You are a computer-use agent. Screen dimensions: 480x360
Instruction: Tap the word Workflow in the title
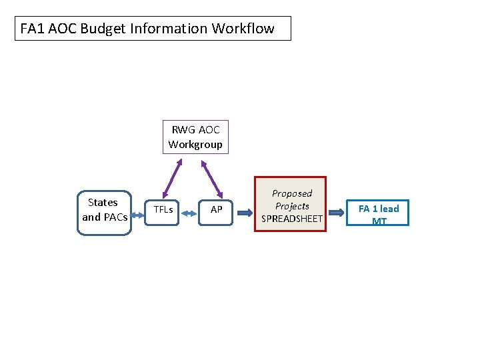(x=243, y=29)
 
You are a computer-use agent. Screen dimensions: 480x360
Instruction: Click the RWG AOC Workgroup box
(x=195, y=137)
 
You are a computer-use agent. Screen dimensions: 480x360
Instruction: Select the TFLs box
(x=163, y=210)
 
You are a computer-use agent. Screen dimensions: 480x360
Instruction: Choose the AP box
(x=216, y=210)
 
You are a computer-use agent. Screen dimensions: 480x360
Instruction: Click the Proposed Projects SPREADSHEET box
(x=291, y=205)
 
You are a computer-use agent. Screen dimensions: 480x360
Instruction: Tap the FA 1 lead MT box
(x=378, y=213)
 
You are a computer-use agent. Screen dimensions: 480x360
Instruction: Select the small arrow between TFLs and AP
(x=189, y=214)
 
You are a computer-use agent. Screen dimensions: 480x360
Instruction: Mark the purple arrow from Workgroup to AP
(x=213, y=178)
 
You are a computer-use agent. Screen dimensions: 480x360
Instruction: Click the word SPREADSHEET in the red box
(x=292, y=219)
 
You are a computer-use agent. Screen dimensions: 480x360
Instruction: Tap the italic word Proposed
(x=292, y=193)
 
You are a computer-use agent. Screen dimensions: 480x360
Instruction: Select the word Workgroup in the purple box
(x=195, y=144)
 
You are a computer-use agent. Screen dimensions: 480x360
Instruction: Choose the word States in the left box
(x=103, y=203)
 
